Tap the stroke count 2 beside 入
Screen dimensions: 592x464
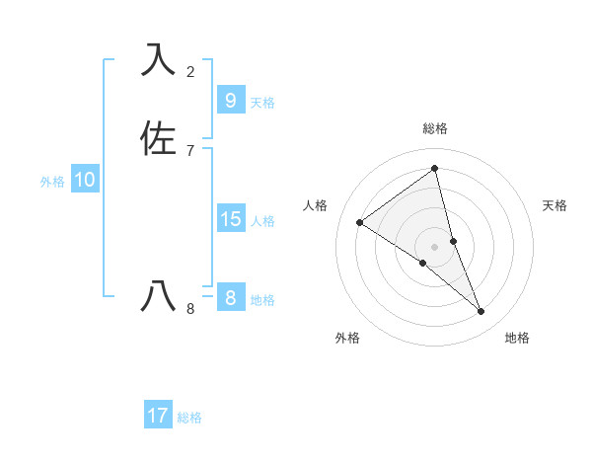click(x=190, y=71)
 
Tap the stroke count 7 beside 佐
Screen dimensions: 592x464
click(x=190, y=150)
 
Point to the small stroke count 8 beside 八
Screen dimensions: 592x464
click(x=190, y=308)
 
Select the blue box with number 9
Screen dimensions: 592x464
click(x=230, y=101)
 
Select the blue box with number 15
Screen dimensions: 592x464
click(x=230, y=219)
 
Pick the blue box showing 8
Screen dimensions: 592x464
click(x=230, y=298)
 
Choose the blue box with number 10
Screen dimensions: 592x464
click(x=85, y=180)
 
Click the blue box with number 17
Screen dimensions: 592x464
click(x=158, y=416)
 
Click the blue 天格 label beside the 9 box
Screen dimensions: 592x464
click(x=262, y=103)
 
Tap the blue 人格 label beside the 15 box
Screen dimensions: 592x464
click(x=262, y=221)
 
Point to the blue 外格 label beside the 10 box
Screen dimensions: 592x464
click(x=52, y=182)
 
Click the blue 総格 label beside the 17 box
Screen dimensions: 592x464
click(x=189, y=418)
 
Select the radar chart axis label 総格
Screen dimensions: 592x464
click(x=435, y=128)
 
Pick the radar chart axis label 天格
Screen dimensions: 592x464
click(x=555, y=205)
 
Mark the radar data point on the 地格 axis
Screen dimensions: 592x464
click(x=481, y=311)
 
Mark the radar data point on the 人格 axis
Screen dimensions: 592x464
click(x=360, y=222)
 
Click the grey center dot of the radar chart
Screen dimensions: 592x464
click(x=435, y=246)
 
